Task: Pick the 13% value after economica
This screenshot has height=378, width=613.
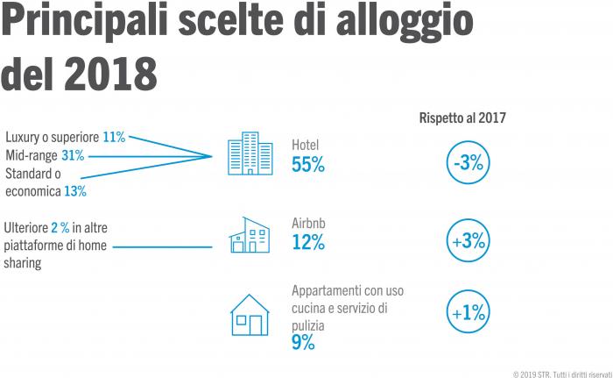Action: pos(74,190)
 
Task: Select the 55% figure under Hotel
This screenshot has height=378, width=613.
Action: pos(308,164)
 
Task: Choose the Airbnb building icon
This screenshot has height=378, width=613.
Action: pos(249,235)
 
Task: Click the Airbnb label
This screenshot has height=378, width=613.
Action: pos(309,224)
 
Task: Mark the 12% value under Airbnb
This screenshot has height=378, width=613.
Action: pos(308,243)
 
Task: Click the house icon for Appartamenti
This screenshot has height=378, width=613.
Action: pos(249,314)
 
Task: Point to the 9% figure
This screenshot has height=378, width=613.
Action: pos(303,343)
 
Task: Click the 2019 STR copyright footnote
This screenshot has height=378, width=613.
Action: pos(557,369)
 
